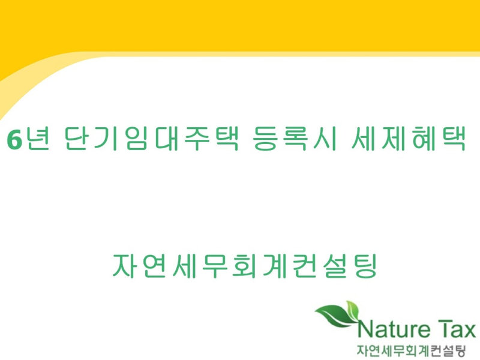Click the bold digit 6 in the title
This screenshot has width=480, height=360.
(x=14, y=139)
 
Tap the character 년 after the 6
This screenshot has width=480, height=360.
(x=37, y=139)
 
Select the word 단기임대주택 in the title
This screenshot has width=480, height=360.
(x=152, y=139)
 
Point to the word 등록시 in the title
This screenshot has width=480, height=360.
(x=295, y=139)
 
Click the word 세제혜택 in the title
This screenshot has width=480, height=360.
(x=409, y=139)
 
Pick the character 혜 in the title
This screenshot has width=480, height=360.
(x=424, y=139)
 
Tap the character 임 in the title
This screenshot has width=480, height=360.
(x=136, y=139)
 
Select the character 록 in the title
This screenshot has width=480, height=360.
(x=295, y=139)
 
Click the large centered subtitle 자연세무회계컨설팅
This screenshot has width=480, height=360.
(x=245, y=266)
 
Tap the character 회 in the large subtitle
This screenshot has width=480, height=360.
(x=244, y=266)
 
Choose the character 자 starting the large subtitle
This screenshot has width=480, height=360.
(x=125, y=266)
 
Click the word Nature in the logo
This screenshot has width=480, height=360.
(x=394, y=329)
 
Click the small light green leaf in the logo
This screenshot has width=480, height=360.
(x=353, y=310)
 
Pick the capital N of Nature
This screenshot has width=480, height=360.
(x=365, y=329)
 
